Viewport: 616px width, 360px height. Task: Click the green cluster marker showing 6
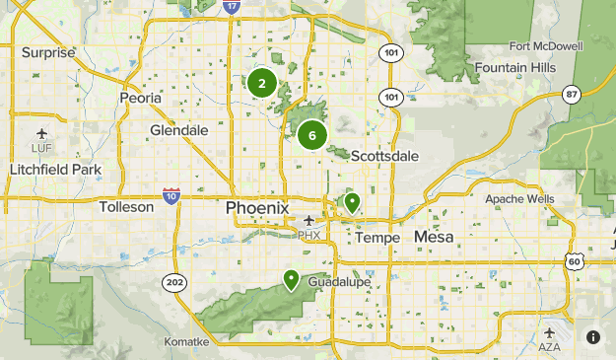click(x=311, y=135)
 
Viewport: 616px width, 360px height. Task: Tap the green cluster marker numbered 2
click(x=261, y=83)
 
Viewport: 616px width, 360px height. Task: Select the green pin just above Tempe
click(x=351, y=203)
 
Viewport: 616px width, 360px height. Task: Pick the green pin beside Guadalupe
click(x=292, y=280)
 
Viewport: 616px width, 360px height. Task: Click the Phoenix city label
click(x=257, y=208)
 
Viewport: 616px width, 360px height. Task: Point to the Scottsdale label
click(x=384, y=156)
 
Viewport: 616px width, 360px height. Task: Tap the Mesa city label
click(x=434, y=237)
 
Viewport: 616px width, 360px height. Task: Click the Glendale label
click(x=179, y=130)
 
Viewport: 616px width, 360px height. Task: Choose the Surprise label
click(x=48, y=52)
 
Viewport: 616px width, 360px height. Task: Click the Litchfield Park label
click(x=55, y=170)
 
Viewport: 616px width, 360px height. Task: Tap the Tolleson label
click(x=127, y=207)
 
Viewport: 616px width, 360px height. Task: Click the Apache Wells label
click(x=519, y=199)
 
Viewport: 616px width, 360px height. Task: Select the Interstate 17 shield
click(x=231, y=6)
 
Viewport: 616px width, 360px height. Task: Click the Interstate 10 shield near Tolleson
click(x=171, y=195)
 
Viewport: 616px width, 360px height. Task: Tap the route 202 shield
click(x=174, y=283)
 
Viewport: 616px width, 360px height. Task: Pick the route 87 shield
click(x=571, y=94)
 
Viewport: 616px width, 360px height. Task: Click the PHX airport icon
click(x=309, y=221)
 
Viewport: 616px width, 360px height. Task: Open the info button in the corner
click(x=593, y=336)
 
